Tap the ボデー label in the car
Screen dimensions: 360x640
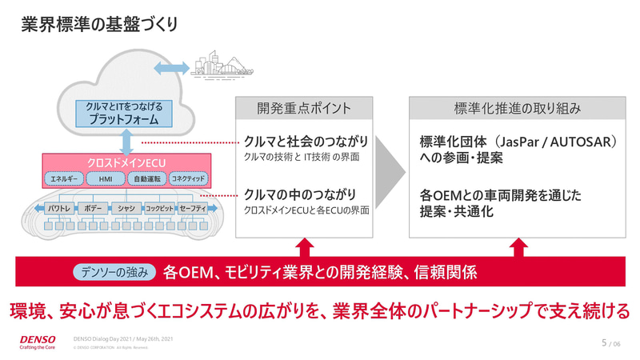90,208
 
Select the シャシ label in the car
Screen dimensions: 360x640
126,208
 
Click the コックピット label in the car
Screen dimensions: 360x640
160,208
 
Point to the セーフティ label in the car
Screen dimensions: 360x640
193,208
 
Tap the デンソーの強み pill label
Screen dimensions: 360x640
114,272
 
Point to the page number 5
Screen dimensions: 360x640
603,342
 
